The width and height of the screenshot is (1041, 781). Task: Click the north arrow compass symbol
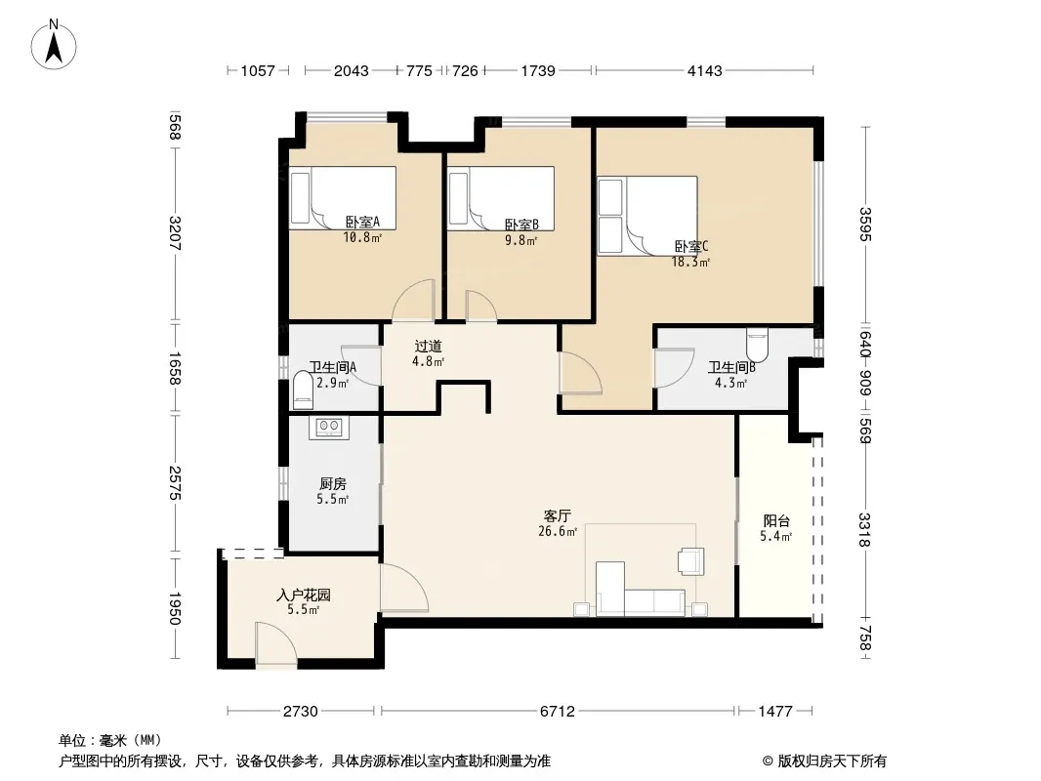(x=54, y=44)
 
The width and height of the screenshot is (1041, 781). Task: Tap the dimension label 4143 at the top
(x=704, y=70)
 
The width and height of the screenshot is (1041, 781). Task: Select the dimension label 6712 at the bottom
(x=557, y=712)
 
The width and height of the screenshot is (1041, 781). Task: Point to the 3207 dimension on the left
(x=175, y=233)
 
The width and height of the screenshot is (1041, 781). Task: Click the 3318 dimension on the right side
(x=864, y=529)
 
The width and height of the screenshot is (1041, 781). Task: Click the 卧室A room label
(x=362, y=223)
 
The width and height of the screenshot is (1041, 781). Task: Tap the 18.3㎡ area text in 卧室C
(x=690, y=262)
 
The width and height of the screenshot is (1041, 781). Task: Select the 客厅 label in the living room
(x=557, y=515)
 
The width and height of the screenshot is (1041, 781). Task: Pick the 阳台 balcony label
(x=776, y=521)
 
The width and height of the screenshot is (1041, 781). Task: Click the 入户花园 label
(x=304, y=596)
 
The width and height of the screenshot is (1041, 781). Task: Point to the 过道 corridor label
(x=429, y=347)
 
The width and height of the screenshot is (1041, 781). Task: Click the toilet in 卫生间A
(x=303, y=390)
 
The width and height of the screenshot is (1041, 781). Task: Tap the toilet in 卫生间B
(x=758, y=345)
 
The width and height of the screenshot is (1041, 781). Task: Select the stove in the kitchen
(x=329, y=427)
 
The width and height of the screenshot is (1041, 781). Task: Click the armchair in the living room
(x=690, y=560)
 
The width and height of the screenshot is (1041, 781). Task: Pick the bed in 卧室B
(x=501, y=198)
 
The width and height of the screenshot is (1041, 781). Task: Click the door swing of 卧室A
(x=413, y=301)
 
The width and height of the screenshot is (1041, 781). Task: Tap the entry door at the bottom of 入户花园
(x=275, y=643)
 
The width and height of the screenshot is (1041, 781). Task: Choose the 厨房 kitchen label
(x=333, y=484)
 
